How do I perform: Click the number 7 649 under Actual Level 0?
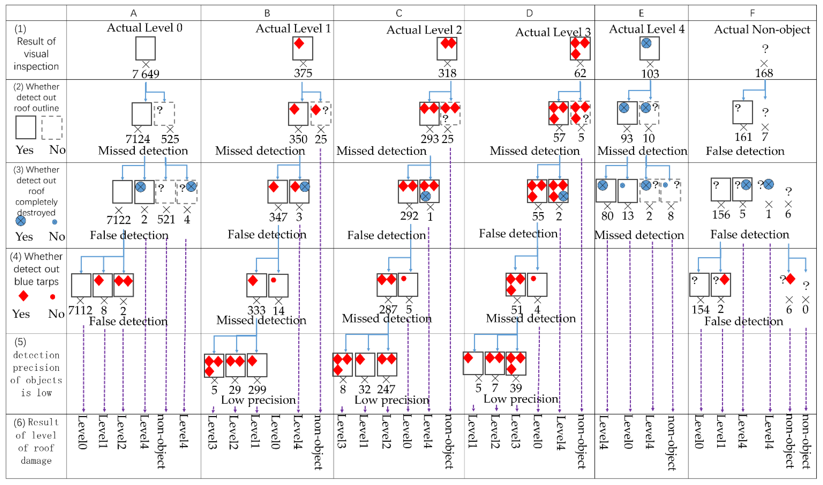(146, 74)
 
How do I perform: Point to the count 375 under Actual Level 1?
(303, 73)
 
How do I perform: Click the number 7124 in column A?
(138, 139)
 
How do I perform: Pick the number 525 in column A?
(170, 139)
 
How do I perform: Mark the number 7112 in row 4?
(80, 310)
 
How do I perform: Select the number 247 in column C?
(386, 389)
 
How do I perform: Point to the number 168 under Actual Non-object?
(764, 73)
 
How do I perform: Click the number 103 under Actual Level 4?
(650, 74)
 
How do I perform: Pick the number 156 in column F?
(721, 215)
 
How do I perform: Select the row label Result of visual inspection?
(36, 54)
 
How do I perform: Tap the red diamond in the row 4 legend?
(23, 296)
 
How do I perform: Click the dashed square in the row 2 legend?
(52, 128)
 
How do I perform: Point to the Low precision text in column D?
(521, 399)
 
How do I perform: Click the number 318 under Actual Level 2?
(447, 73)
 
